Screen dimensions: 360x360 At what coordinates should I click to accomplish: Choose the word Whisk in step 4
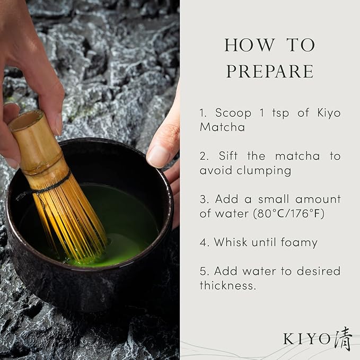coord(231,243)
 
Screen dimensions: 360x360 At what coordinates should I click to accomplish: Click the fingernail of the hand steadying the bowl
coord(157,157)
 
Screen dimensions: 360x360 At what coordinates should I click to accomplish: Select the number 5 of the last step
coord(203,271)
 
